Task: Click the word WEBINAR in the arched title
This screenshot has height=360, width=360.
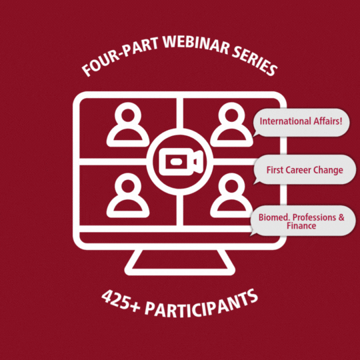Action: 197,45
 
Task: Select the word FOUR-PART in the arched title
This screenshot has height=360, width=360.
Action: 120,57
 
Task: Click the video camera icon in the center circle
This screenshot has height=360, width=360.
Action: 181,162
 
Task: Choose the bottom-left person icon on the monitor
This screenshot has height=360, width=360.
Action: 128,195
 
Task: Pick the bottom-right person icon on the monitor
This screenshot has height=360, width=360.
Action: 231,195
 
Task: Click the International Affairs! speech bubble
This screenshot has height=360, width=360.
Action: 301,123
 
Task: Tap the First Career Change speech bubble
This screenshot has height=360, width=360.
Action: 305,169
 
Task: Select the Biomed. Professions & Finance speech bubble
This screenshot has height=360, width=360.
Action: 303,221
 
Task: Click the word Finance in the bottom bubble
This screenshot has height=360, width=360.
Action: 301,226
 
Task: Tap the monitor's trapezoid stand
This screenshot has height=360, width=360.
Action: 180,263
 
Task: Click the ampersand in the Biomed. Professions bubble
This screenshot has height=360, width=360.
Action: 341,217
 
